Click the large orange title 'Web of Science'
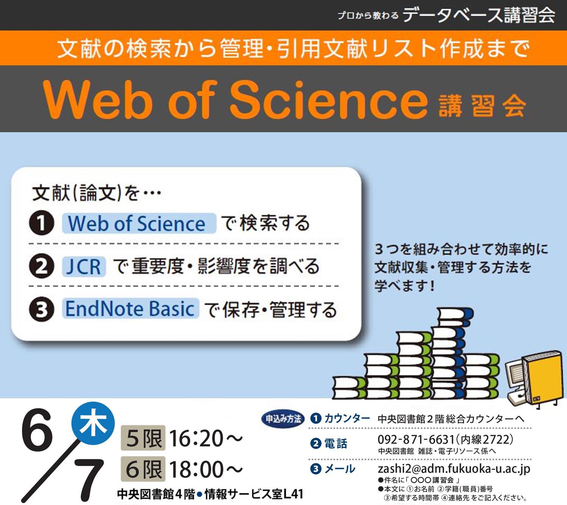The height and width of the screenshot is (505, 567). coord(234,99)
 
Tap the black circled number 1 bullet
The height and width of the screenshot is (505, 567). coord(42,223)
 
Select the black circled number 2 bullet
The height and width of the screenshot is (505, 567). coord(42,266)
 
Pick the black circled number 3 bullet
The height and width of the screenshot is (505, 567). coord(42,310)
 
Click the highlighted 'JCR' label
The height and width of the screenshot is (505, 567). coord(84,266)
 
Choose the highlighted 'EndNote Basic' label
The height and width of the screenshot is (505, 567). coord(130,309)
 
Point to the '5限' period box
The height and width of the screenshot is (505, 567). coord(143,438)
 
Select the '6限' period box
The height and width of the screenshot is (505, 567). coord(143,469)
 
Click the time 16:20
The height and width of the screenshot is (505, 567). coord(197,438)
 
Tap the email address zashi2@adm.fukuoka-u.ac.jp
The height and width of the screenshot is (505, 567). coord(454,469)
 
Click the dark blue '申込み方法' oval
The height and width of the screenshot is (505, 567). coord(283,419)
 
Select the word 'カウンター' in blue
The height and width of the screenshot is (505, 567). coord(347,418)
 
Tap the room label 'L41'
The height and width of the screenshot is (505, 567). coord(293,494)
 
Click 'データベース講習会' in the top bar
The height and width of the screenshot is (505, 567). coord(479,15)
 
